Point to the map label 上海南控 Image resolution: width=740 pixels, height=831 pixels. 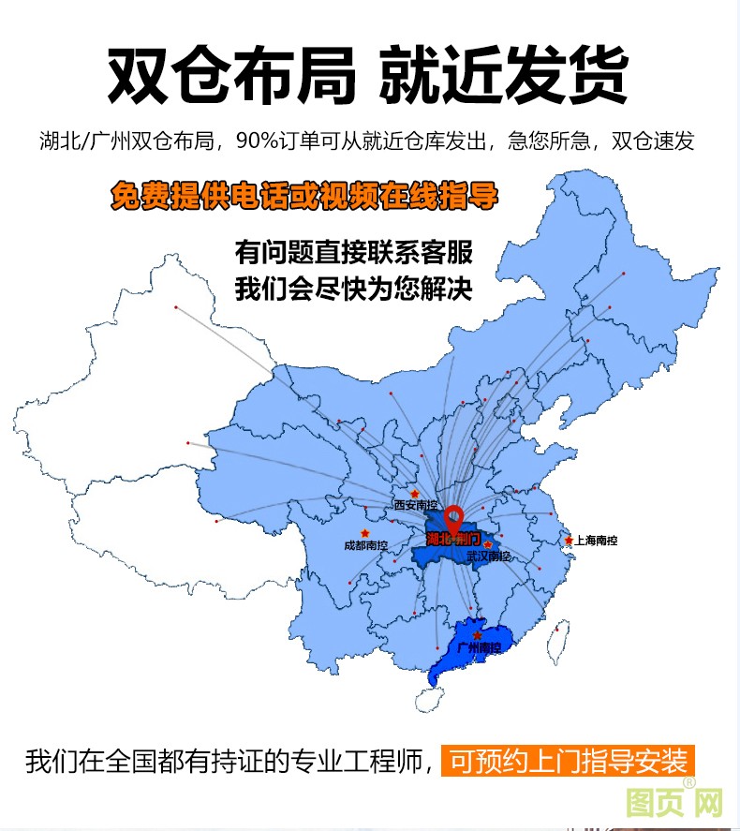click(596, 541)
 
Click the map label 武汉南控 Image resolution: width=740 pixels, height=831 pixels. click(489, 556)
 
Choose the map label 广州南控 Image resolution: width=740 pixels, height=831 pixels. click(478, 647)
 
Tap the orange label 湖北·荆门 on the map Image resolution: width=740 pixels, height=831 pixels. click(453, 540)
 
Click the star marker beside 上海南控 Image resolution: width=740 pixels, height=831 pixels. click(569, 541)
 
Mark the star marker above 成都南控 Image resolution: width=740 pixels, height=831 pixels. click(364, 533)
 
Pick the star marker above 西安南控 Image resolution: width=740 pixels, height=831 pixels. click(414, 493)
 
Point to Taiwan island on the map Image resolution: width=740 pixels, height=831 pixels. click(560, 639)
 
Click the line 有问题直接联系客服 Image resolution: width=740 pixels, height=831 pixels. click(353, 252)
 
